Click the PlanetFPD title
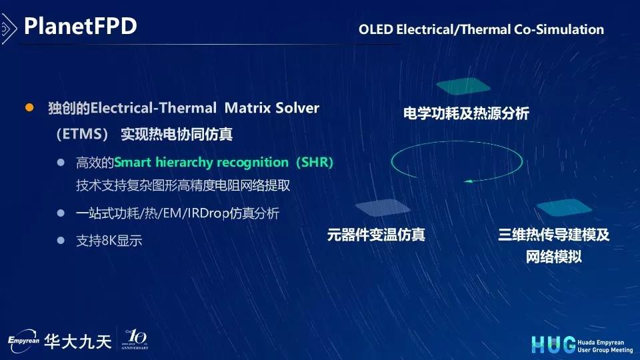(x=81, y=26)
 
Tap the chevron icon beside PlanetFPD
(x=8, y=29)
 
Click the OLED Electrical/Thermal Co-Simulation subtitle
(x=481, y=29)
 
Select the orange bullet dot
(x=29, y=107)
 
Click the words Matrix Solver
(x=272, y=108)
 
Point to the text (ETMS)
(x=82, y=134)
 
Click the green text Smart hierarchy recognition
(x=201, y=162)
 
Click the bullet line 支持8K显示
(x=109, y=241)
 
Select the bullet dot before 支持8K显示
(x=61, y=241)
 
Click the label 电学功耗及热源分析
(x=466, y=113)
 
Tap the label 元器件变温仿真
(x=376, y=235)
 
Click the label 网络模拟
(x=553, y=257)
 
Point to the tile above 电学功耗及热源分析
(x=463, y=86)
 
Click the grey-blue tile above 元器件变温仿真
(x=383, y=207)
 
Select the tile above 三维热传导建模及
(x=564, y=207)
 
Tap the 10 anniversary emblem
(x=135, y=339)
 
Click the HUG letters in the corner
(x=553, y=345)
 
